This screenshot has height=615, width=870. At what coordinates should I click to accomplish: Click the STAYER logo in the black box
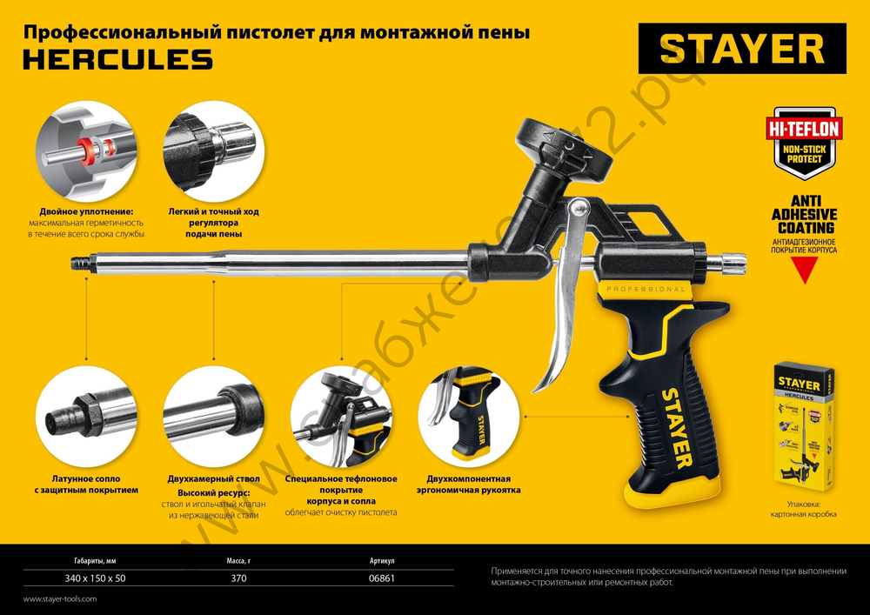coord(741,49)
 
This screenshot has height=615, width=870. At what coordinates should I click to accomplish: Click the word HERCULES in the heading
coord(117,59)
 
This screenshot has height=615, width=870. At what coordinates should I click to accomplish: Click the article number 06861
coord(382,578)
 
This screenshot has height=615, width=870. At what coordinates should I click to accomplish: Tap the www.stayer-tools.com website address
coord(60,599)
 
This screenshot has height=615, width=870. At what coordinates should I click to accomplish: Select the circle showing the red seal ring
coord(85,151)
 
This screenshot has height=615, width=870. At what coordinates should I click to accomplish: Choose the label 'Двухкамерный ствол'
coord(214,479)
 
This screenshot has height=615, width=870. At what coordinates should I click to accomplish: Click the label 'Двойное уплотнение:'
coord(85,211)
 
